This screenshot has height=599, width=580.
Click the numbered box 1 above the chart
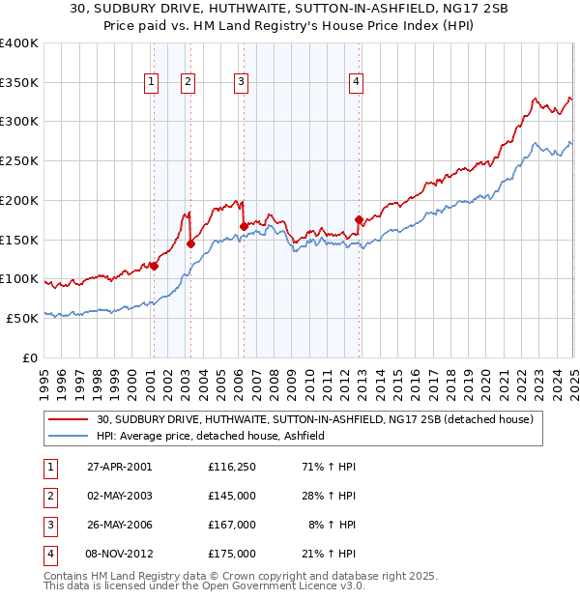coord(153,83)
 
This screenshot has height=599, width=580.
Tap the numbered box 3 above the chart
coord(240,83)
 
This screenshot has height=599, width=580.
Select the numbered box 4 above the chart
coord(356,83)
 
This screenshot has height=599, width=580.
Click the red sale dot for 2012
coord(359,219)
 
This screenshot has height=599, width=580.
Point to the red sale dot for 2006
coord(244,226)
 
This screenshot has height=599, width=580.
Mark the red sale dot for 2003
coord(190,243)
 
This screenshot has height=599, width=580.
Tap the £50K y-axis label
coord(22,318)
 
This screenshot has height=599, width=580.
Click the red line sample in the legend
coord(68,420)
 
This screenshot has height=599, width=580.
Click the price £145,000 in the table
coord(231,496)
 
